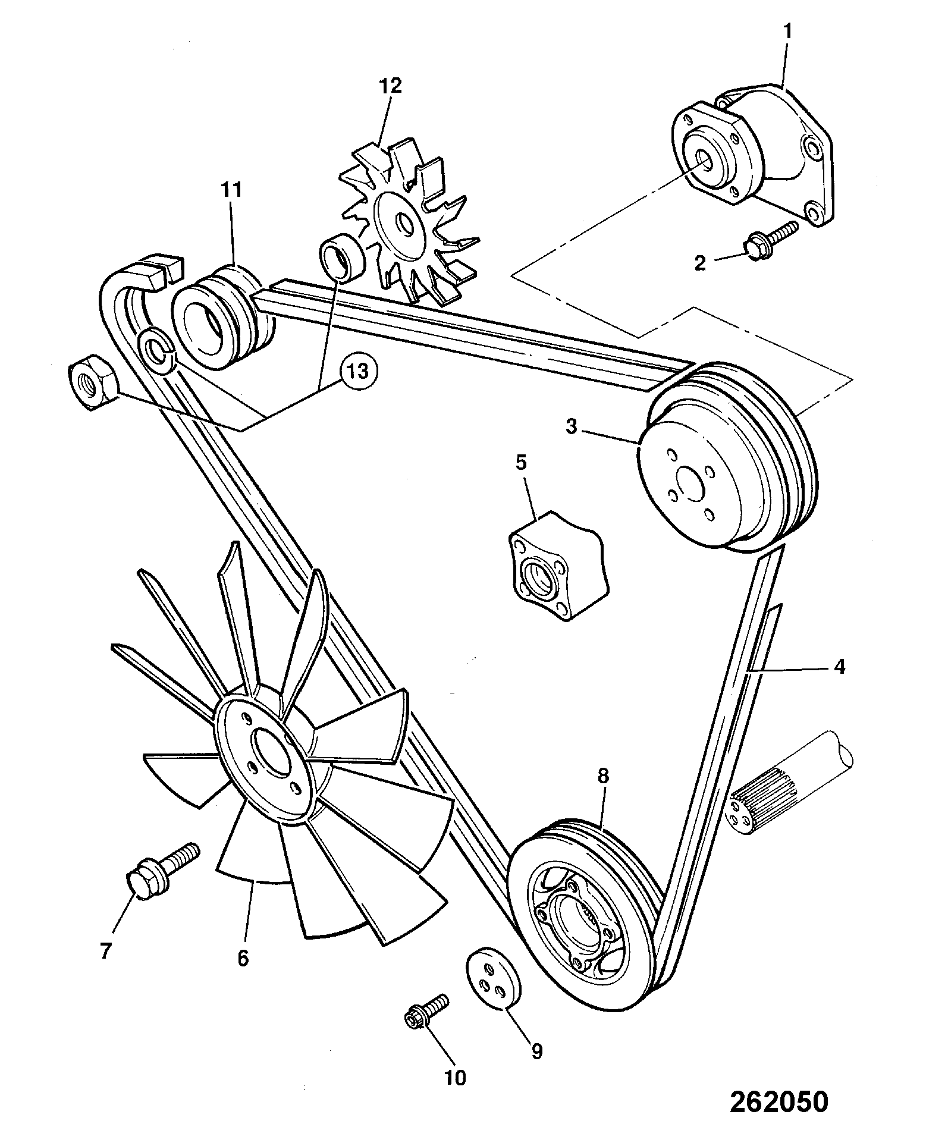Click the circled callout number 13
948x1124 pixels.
[x=359, y=371]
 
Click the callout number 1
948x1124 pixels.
[x=788, y=33]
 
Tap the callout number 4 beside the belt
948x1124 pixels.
[x=839, y=667]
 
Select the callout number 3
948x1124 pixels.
[x=571, y=426]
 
